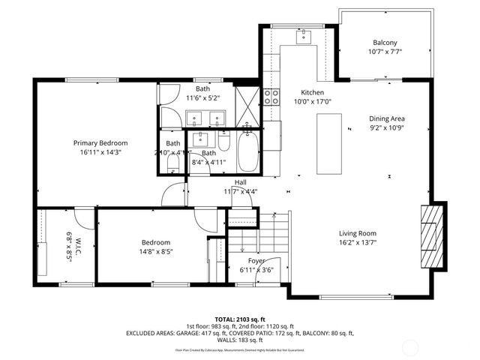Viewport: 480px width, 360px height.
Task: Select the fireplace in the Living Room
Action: coord(432,236)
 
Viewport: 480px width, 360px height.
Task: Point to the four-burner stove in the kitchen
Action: coord(271,96)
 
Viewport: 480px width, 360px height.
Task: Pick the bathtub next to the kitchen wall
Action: coord(247,151)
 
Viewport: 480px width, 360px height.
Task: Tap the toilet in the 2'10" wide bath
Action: coord(172,161)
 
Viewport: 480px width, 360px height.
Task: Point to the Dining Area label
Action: coord(387,118)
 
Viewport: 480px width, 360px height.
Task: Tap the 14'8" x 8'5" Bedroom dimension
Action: coord(157,253)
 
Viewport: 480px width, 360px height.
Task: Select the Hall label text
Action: coord(241,182)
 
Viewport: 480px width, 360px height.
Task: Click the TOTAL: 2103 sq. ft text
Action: coord(239,319)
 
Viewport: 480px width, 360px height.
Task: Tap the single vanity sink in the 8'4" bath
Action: coord(202,139)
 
